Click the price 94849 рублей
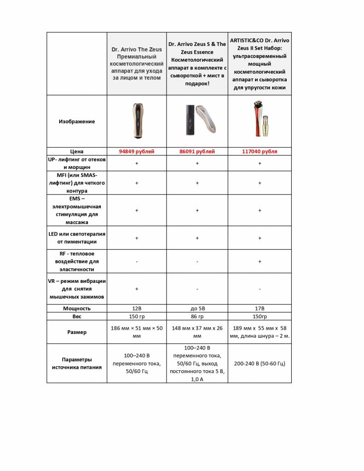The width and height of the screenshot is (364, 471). (137, 151)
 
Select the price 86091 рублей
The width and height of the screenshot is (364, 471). (197, 151)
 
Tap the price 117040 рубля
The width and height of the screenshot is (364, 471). (260, 151)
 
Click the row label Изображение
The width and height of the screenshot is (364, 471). (77, 121)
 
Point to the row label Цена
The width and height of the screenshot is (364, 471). (77, 151)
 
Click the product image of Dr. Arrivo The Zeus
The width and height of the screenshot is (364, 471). (136, 121)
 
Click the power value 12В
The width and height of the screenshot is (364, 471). (137, 308)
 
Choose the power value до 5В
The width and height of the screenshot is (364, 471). (197, 308)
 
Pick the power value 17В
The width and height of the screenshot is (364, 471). (260, 308)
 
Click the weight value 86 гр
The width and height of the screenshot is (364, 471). (197, 316)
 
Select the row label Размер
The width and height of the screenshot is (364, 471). (77, 332)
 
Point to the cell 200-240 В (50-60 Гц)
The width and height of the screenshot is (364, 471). (260, 363)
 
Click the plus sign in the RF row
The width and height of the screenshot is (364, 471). (260, 261)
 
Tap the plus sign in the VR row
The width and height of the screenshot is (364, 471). (137, 289)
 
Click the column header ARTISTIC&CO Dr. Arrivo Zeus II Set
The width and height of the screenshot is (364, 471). (260, 63)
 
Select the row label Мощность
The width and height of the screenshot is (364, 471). (77, 308)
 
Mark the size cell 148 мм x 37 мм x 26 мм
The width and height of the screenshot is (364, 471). (197, 332)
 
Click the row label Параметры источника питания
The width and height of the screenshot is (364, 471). (77, 363)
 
